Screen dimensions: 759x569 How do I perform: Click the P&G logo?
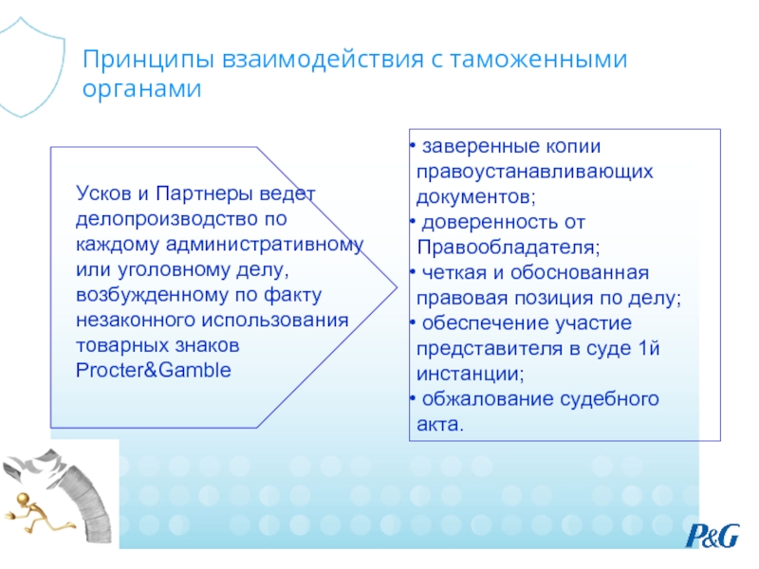tap(713, 535)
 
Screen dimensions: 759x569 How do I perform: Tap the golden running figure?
tap(39, 513)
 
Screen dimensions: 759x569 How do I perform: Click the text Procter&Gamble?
tap(154, 370)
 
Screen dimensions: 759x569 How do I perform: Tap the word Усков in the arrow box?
tap(103, 193)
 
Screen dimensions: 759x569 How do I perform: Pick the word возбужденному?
tap(152, 296)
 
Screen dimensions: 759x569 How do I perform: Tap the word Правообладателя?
tap(509, 248)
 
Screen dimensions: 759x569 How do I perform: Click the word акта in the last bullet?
tap(437, 425)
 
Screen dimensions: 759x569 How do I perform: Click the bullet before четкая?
tap(413, 272)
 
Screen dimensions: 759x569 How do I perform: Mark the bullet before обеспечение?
tap(413, 322)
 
